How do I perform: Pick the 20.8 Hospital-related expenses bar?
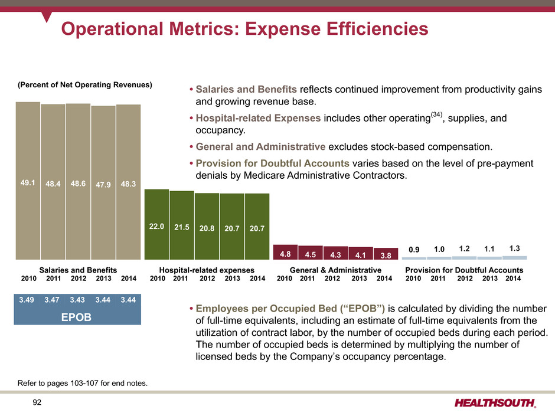(207, 227)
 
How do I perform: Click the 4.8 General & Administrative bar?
(285, 253)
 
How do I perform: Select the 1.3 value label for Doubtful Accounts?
(514, 249)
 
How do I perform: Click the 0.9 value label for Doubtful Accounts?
(414, 250)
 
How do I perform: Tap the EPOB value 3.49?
(26, 300)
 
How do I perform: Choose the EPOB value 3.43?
(78, 300)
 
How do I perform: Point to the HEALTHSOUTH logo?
(496, 402)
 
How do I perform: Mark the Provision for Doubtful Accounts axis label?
(464, 270)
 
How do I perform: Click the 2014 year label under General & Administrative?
(384, 278)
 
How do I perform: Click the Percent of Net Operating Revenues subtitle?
(84, 85)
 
